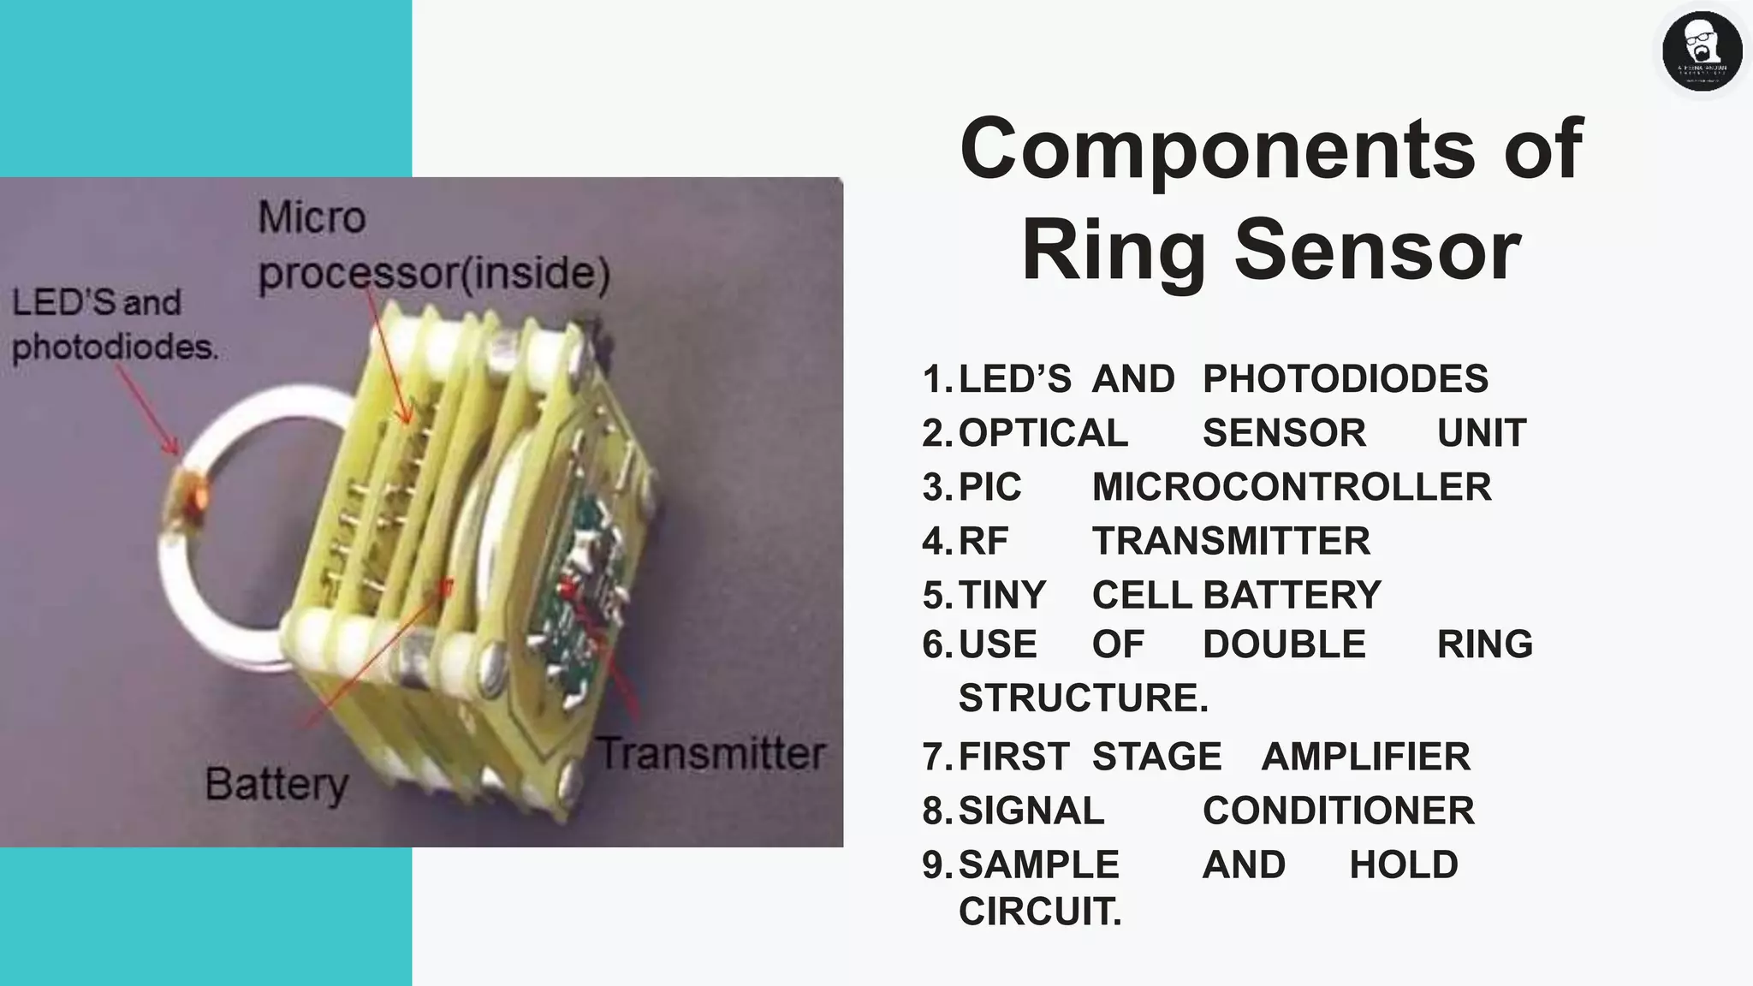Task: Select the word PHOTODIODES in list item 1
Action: (x=1345, y=379)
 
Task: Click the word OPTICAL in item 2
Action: (x=1043, y=433)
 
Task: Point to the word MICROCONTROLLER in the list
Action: (x=1291, y=487)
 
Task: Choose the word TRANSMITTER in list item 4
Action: (x=1230, y=541)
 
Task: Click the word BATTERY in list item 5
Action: (x=1292, y=595)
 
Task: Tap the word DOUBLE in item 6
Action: (x=1283, y=644)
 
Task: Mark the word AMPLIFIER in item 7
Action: (x=1365, y=757)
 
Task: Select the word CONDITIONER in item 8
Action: (x=1338, y=811)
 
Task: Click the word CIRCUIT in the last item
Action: (x=1038, y=912)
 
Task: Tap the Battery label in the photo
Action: (x=276, y=784)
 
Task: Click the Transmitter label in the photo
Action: (x=710, y=754)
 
